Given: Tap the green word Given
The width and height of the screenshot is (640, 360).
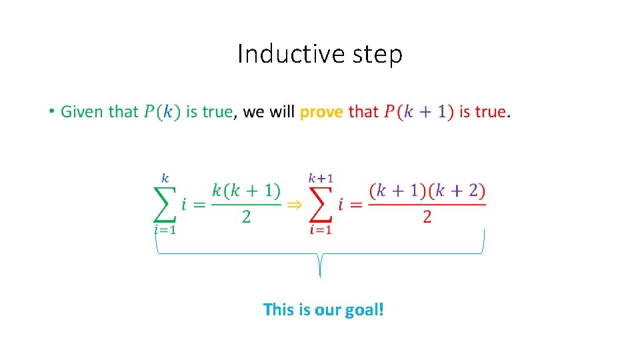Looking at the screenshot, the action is coord(82,111).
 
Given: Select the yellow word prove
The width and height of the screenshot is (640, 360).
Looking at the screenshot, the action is coord(321,112).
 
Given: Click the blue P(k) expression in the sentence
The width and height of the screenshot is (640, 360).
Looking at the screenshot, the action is coord(162,112).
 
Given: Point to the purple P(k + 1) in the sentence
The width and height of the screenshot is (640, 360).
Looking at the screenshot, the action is coord(419,112).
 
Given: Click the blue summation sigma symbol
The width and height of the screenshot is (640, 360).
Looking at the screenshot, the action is coord(165,203).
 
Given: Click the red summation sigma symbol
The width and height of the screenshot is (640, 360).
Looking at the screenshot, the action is coord(321,203).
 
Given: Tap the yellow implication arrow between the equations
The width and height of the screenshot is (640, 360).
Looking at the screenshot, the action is coord(293,205).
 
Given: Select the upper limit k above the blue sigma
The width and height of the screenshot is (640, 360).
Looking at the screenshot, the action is coord(165,179).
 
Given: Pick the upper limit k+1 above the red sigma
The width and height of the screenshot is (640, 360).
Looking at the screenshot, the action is coord(321,179).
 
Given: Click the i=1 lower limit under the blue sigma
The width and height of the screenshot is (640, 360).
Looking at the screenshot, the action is coord(165,230).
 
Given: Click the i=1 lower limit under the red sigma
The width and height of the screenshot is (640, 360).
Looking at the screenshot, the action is coord(321,230).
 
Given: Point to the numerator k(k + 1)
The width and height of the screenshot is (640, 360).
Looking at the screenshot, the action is coord(246,191).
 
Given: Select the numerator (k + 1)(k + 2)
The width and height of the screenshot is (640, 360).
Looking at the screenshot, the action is coord(427,191).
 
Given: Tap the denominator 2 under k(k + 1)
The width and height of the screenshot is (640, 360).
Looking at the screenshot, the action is coord(246,217).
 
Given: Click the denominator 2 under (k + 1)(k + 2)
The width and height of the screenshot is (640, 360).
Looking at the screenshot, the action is coord(427,217).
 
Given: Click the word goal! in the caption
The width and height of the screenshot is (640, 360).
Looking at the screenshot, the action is coord(365,310).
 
